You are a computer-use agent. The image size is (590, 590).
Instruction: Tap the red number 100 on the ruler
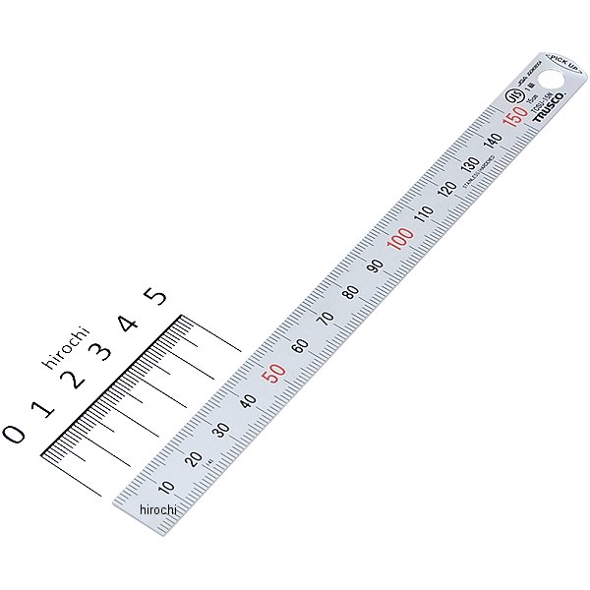click(399, 238)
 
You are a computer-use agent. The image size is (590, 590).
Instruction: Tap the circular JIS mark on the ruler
click(512, 97)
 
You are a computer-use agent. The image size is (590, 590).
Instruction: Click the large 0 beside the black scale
click(15, 433)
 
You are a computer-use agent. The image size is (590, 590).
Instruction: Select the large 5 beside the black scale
click(155, 295)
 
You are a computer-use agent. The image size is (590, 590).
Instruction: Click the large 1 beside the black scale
click(41, 406)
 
